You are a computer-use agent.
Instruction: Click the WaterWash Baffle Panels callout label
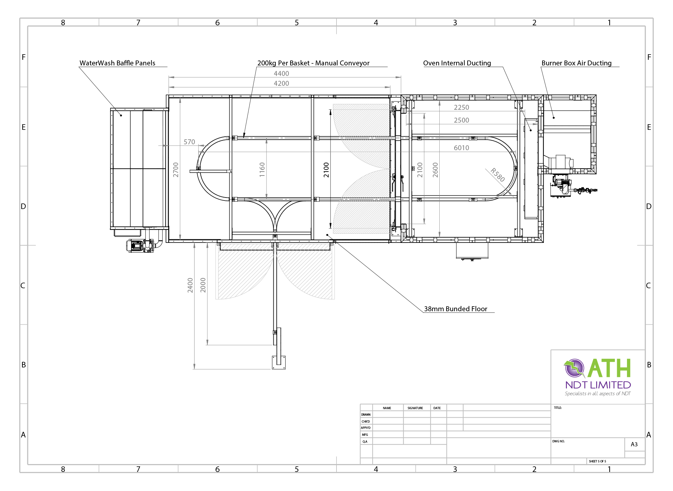[117, 63]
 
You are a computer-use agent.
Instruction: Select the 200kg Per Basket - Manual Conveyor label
[313, 63]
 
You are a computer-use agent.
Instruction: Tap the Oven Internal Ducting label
[457, 63]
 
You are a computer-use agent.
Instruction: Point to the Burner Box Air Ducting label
[576, 63]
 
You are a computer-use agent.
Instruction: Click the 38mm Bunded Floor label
[455, 309]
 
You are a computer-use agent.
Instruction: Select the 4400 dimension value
[281, 74]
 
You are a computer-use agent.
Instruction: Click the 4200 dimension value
[281, 83]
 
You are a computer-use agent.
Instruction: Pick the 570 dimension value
[189, 142]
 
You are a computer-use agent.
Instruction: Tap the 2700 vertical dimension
[176, 170]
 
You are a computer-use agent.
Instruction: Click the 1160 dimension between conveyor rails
[262, 170]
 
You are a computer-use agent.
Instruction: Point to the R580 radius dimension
[498, 175]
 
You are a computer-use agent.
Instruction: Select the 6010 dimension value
[461, 148]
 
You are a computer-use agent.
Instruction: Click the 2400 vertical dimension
[190, 285]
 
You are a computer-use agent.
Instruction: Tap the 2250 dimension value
[461, 107]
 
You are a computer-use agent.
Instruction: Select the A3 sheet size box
[634, 444]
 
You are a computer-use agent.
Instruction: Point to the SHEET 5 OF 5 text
[597, 461]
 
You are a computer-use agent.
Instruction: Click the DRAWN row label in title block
[366, 415]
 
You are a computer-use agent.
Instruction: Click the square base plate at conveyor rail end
[279, 363]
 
